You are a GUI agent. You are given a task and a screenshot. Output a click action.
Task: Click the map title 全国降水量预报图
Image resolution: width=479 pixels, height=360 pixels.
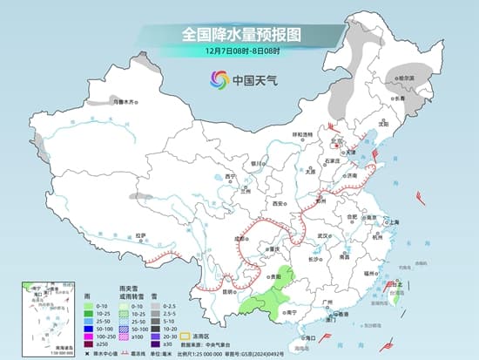(x=239, y=34)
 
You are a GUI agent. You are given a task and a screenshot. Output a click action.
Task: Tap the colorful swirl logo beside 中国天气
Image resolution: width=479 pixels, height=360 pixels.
(x=216, y=80)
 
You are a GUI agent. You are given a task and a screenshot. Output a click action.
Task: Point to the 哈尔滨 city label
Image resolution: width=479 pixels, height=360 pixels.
(x=406, y=78)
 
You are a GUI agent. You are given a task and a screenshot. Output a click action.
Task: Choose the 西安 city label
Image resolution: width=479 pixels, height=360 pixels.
(x=279, y=203)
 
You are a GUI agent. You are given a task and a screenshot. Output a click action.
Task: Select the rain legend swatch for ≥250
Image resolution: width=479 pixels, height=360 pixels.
(x=89, y=343)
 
